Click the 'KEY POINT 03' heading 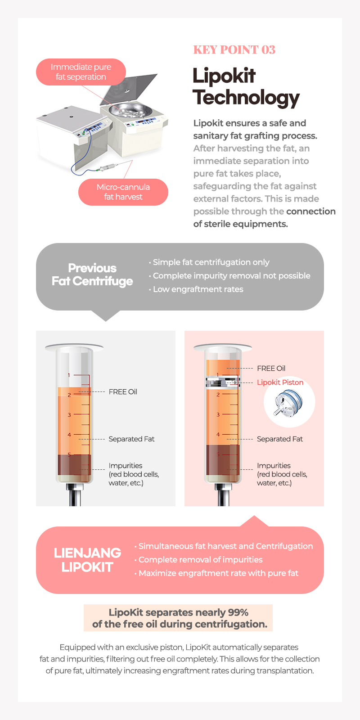(x=234, y=50)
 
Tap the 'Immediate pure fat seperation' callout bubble (x=81, y=72)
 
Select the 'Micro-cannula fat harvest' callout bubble (x=123, y=192)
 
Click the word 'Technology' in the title (x=246, y=98)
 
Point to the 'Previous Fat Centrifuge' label (x=92, y=274)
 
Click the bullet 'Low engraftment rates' (x=198, y=289)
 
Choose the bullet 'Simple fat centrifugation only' (x=211, y=262)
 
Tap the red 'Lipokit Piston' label (x=280, y=382)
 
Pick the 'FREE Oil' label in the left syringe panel (x=123, y=392)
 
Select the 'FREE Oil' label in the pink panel (x=271, y=369)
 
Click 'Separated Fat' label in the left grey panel (x=131, y=439)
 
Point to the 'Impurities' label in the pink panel (x=274, y=466)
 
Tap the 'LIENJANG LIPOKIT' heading (x=87, y=560)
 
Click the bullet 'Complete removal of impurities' (x=200, y=560)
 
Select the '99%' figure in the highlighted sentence (x=238, y=612)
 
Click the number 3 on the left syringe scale (x=69, y=415)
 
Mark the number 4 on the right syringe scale (x=218, y=435)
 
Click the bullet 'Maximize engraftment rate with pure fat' (x=218, y=573)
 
